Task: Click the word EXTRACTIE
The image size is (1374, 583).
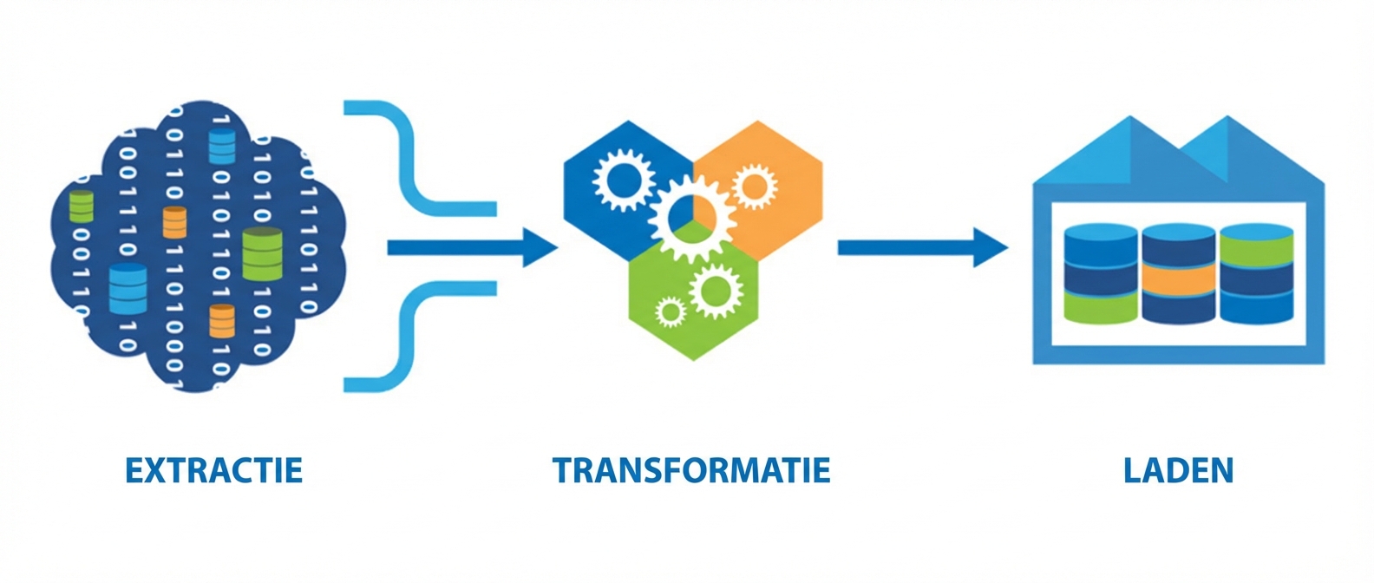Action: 214,471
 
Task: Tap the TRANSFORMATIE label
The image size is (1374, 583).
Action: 691,471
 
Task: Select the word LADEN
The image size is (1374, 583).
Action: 1178,471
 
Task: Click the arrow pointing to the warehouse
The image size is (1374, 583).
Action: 923,248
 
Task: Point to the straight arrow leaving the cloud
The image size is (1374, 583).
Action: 472,248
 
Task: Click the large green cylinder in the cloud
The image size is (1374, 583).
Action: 263,254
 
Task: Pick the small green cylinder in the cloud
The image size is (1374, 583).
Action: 82,206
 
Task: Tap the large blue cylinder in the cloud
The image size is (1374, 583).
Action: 128,288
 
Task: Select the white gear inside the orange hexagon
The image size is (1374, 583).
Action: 754,186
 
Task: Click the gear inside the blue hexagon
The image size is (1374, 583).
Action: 623,180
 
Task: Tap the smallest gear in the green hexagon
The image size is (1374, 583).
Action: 670,311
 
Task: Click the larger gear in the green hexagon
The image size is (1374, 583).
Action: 716,291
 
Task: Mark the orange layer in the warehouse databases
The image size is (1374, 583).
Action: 1178,279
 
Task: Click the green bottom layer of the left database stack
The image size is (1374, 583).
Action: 1101,307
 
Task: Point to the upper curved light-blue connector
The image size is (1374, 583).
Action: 420,159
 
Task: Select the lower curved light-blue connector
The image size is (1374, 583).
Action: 420,337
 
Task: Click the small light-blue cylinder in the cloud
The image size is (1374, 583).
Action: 222,147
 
